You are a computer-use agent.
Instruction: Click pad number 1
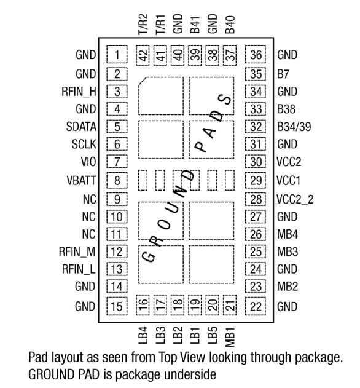117,54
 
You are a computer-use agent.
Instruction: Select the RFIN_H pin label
79,92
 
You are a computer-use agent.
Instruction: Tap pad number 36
256,54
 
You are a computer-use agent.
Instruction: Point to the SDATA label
81,127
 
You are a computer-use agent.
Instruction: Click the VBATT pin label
81,180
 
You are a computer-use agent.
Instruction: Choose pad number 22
256,306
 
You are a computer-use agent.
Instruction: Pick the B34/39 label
294,127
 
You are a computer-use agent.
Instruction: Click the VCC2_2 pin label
295,199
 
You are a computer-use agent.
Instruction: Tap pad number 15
117,306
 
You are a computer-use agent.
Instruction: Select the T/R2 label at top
143,24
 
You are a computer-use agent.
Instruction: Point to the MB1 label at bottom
230,337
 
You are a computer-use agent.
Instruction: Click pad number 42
143,55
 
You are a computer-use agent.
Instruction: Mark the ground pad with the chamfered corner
161,96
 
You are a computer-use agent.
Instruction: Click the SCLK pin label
84,144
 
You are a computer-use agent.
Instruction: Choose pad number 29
256,180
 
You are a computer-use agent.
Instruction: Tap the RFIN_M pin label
77,251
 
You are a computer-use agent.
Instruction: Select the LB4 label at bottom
143,335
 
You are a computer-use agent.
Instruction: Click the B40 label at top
230,25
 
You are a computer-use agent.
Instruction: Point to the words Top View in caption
182,358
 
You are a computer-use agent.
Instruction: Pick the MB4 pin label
288,234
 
